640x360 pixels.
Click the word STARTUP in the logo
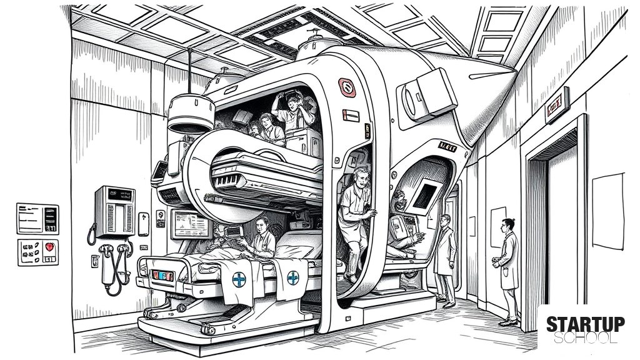585,324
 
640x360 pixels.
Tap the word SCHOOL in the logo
585,338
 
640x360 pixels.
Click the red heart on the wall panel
49,247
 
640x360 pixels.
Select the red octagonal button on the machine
347,87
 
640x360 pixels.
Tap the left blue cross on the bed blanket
239,279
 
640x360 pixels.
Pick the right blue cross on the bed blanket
292,278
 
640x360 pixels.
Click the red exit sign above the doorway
557,105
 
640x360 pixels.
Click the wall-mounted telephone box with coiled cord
115,212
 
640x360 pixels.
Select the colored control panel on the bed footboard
162,276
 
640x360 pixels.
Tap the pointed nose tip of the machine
516,72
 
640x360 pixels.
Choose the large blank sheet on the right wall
608,211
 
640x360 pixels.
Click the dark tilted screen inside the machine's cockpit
424,196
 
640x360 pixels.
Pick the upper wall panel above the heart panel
37,219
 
